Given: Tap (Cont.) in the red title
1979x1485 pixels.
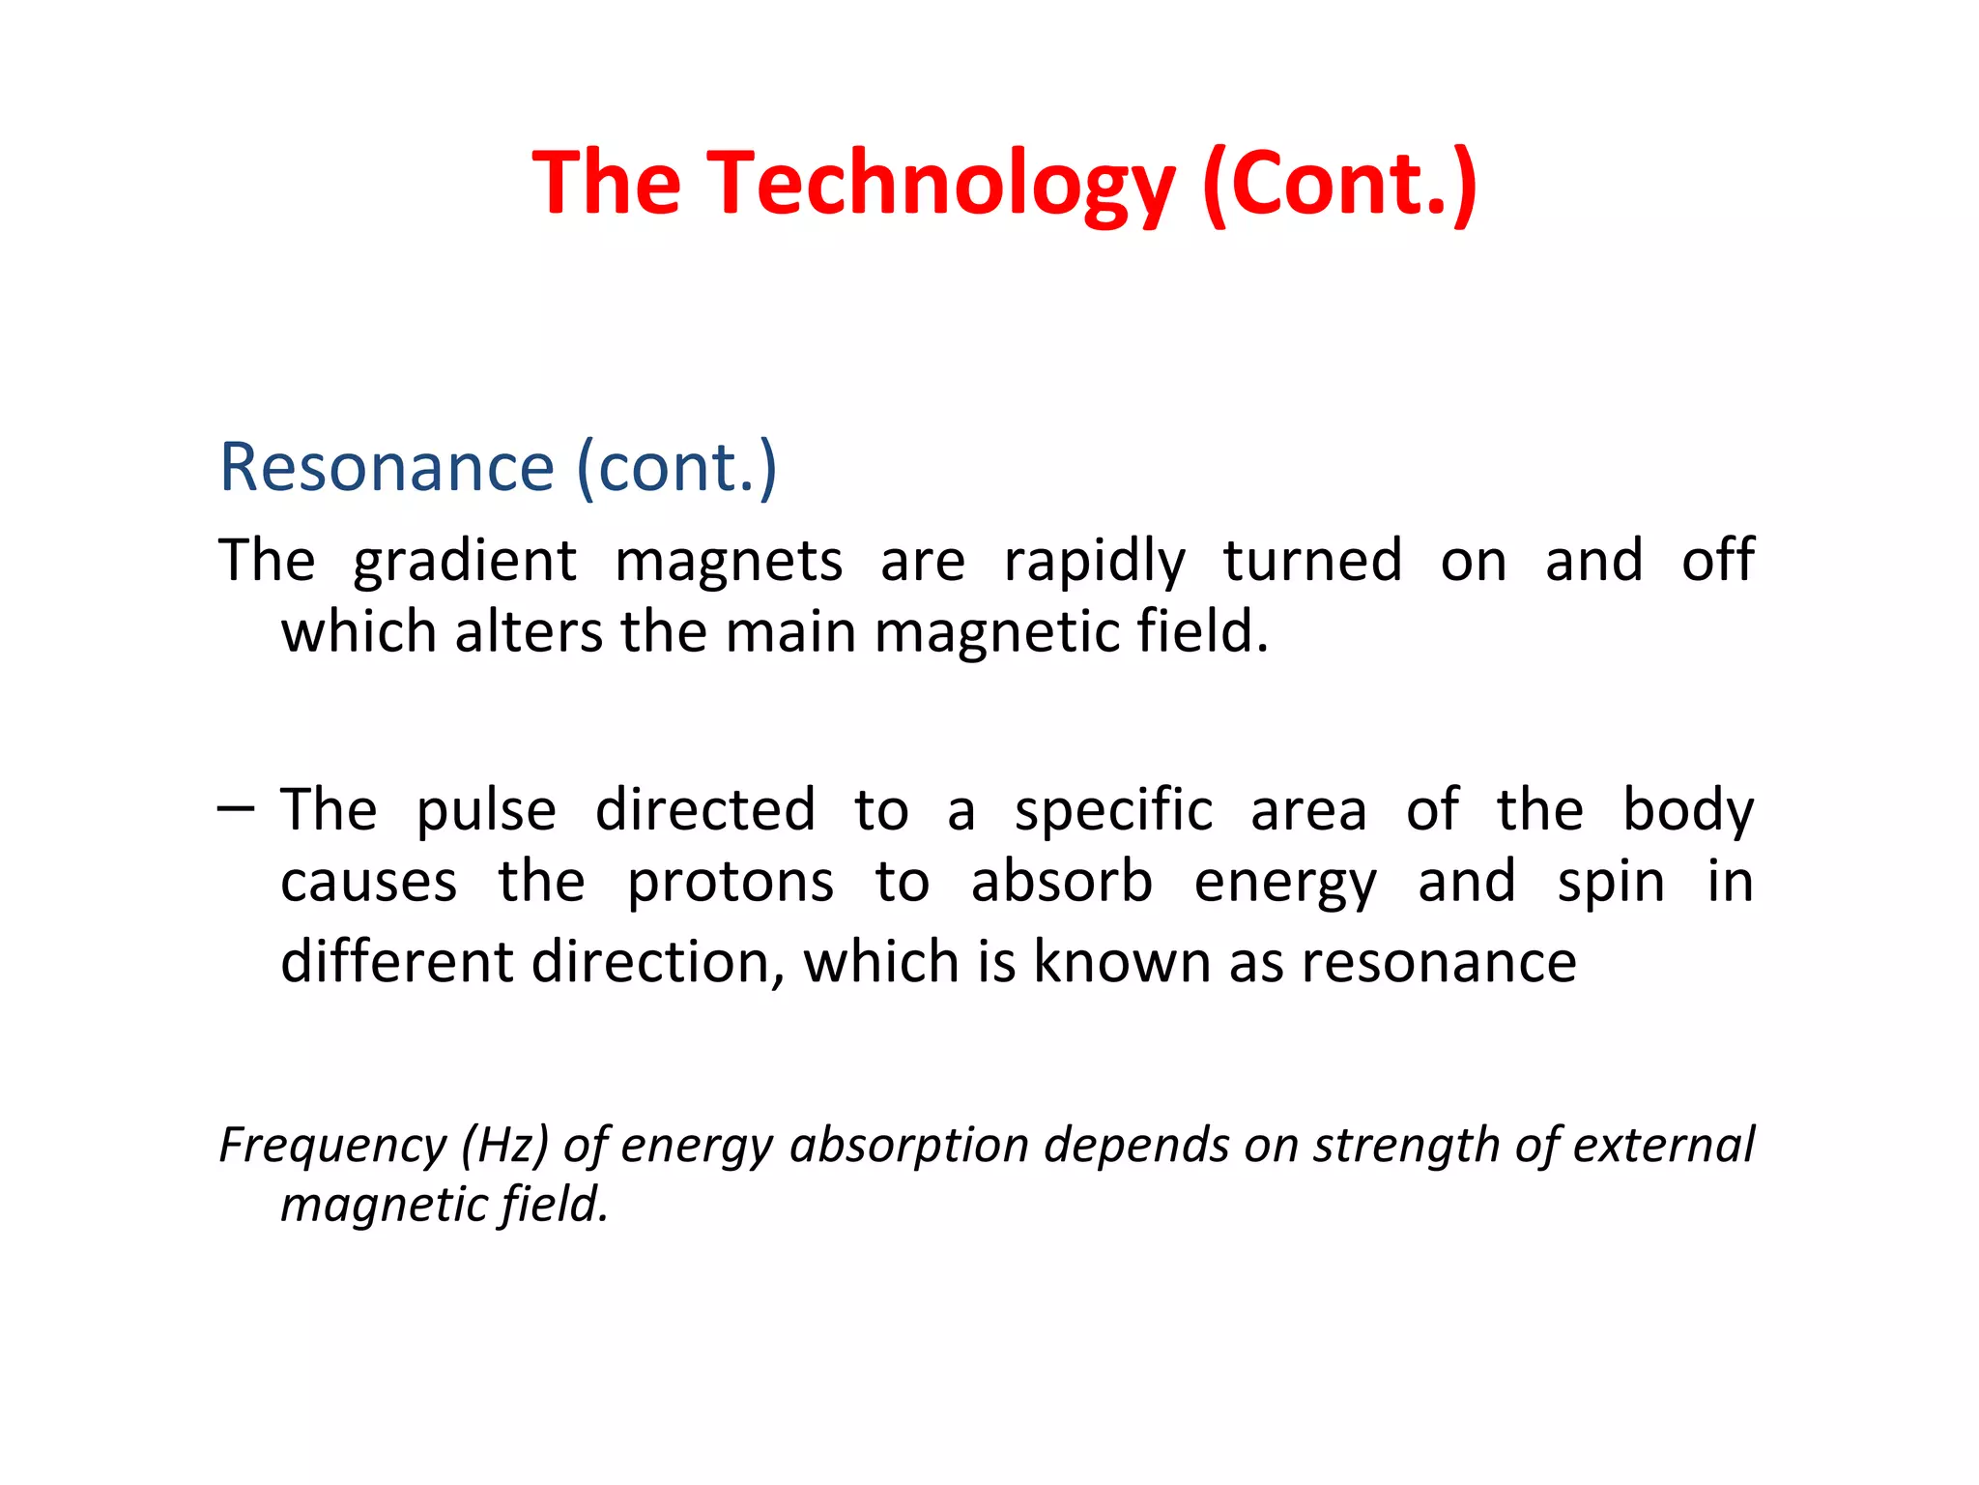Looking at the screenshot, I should [x=1340, y=184].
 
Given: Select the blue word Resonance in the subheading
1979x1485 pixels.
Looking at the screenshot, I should [x=387, y=468].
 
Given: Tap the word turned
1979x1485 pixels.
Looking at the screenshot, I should [x=1312, y=561].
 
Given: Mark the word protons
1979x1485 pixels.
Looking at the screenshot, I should [x=731, y=884].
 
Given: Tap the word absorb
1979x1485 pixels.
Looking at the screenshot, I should [x=1061, y=882].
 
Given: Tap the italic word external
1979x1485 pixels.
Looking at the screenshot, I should [x=1663, y=1146].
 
